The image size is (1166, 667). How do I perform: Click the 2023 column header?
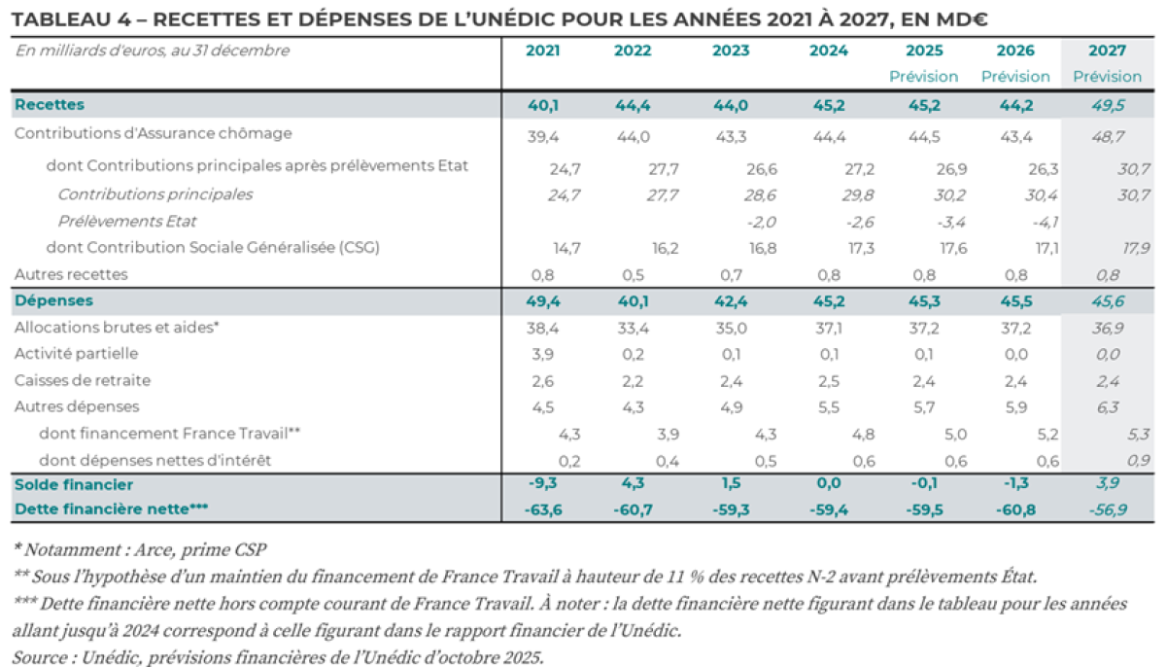click(x=731, y=52)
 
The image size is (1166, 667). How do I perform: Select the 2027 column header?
click(x=1107, y=52)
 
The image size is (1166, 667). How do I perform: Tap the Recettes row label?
click(x=50, y=105)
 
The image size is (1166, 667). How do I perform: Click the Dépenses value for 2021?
click(x=542, y=301)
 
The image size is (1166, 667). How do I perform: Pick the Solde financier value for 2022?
click(x=633, y=484)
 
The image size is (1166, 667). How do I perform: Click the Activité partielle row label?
click(x=76, y=354)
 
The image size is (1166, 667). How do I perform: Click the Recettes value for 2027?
click(x=1107, y=105)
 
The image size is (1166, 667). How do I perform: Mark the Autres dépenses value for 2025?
click(x=923, y=407)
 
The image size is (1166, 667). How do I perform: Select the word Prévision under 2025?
click(x=923, y=77)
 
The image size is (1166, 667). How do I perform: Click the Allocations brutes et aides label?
click(x=116, y=328)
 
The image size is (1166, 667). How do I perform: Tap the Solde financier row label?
click(x=74, y=484)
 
